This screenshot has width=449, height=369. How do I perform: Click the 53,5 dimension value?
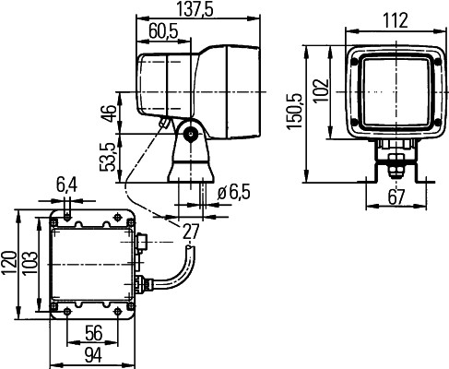(109, 154)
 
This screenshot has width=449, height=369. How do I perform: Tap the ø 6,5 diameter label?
(236, 193)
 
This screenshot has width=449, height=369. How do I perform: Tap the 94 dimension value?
(92, 355)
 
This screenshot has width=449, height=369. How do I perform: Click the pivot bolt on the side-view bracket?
(192, 136)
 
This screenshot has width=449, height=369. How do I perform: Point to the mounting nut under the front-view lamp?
(396, 166)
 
